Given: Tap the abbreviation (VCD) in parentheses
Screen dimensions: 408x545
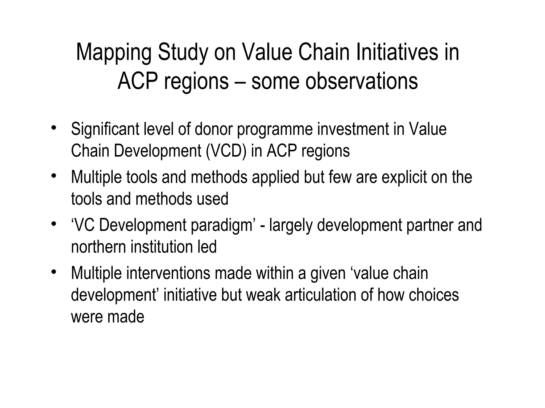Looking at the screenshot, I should (x=226, y=151).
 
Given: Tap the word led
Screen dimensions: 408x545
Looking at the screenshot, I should (x=207, y=247).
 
